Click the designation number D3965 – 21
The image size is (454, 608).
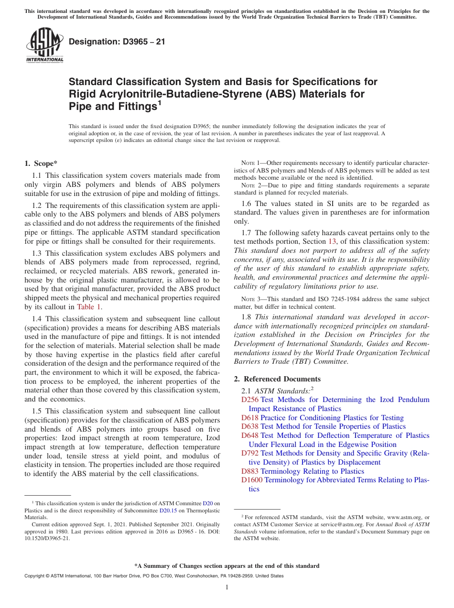point(117,42)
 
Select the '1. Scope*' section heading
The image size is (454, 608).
point(41,163)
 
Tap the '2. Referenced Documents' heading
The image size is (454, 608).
point(277,379)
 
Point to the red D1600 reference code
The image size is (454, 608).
point(252,480)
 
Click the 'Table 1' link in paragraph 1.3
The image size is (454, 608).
point(89,307)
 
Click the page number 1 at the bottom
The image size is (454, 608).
point(227,587)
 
